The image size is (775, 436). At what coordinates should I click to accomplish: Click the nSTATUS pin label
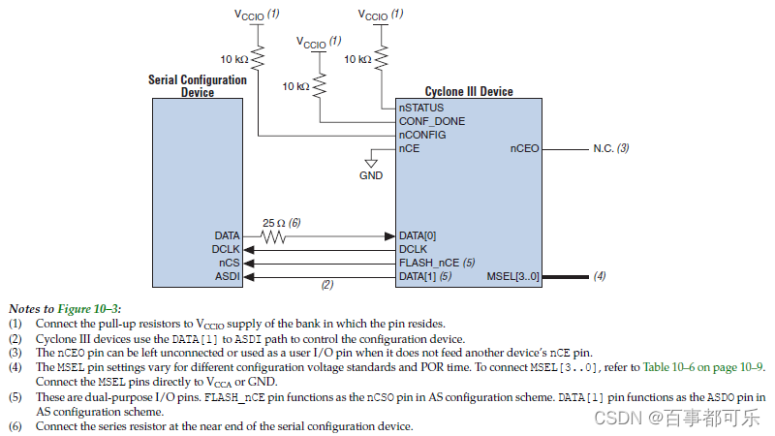click(421, 108)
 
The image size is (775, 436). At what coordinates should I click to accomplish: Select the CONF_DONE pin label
click(432, 121)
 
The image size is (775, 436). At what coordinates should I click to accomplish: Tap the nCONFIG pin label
click(422, 135)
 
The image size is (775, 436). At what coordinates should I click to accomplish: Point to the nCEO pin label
click(524, 148)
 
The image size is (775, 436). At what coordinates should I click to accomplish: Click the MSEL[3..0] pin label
click(512, 276)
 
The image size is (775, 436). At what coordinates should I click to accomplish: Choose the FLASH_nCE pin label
click(429, 263)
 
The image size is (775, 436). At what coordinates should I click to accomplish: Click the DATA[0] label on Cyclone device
click(418, 235)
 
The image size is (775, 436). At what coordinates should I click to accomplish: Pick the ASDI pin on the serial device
click(228, 276)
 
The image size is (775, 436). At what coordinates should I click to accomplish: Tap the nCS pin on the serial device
click(230, 263)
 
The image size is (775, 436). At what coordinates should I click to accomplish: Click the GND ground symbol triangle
click(371, 163)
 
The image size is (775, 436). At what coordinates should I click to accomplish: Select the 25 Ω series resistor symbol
click(273, 236)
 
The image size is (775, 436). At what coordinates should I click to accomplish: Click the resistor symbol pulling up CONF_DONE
click(320, 85)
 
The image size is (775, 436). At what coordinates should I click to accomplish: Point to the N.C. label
click(603, 148)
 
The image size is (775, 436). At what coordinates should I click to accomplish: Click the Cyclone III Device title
click(469, 91)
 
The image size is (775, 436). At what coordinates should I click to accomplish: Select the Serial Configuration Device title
click(198, 86)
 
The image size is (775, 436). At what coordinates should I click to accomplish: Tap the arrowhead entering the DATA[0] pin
click(390, 236)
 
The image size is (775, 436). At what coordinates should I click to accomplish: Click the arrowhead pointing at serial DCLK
click(249, 250)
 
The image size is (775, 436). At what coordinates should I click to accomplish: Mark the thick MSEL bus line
click(566, 277)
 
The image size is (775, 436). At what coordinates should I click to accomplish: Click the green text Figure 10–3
click(87, 309)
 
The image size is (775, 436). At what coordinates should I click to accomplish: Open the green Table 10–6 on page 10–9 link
click(703, 367)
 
